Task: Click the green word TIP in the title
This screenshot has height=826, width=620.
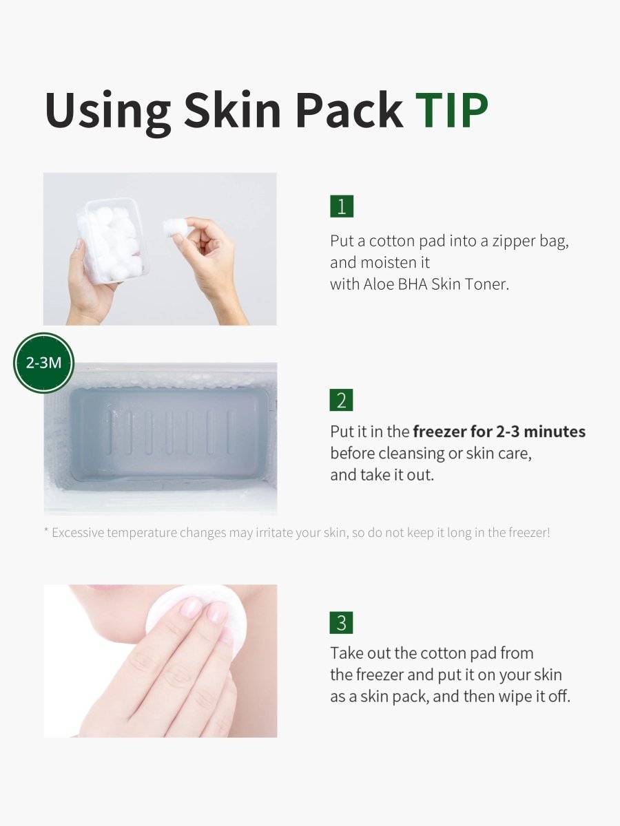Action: click(452, 110)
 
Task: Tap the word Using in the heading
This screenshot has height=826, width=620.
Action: click(108, 113)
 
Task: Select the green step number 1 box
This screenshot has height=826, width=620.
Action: click(342, 206)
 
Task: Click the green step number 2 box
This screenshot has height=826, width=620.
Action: click(342, 400)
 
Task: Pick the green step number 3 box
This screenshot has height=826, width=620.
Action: click(342, 622)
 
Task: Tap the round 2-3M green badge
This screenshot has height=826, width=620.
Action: click(43, 363)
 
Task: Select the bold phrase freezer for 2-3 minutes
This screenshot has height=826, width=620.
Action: click(499, 432)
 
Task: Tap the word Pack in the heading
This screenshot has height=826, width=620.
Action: click(350, 110)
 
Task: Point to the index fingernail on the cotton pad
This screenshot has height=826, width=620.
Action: click(191, 608)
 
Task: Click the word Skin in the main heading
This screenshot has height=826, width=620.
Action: click(233, 110)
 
